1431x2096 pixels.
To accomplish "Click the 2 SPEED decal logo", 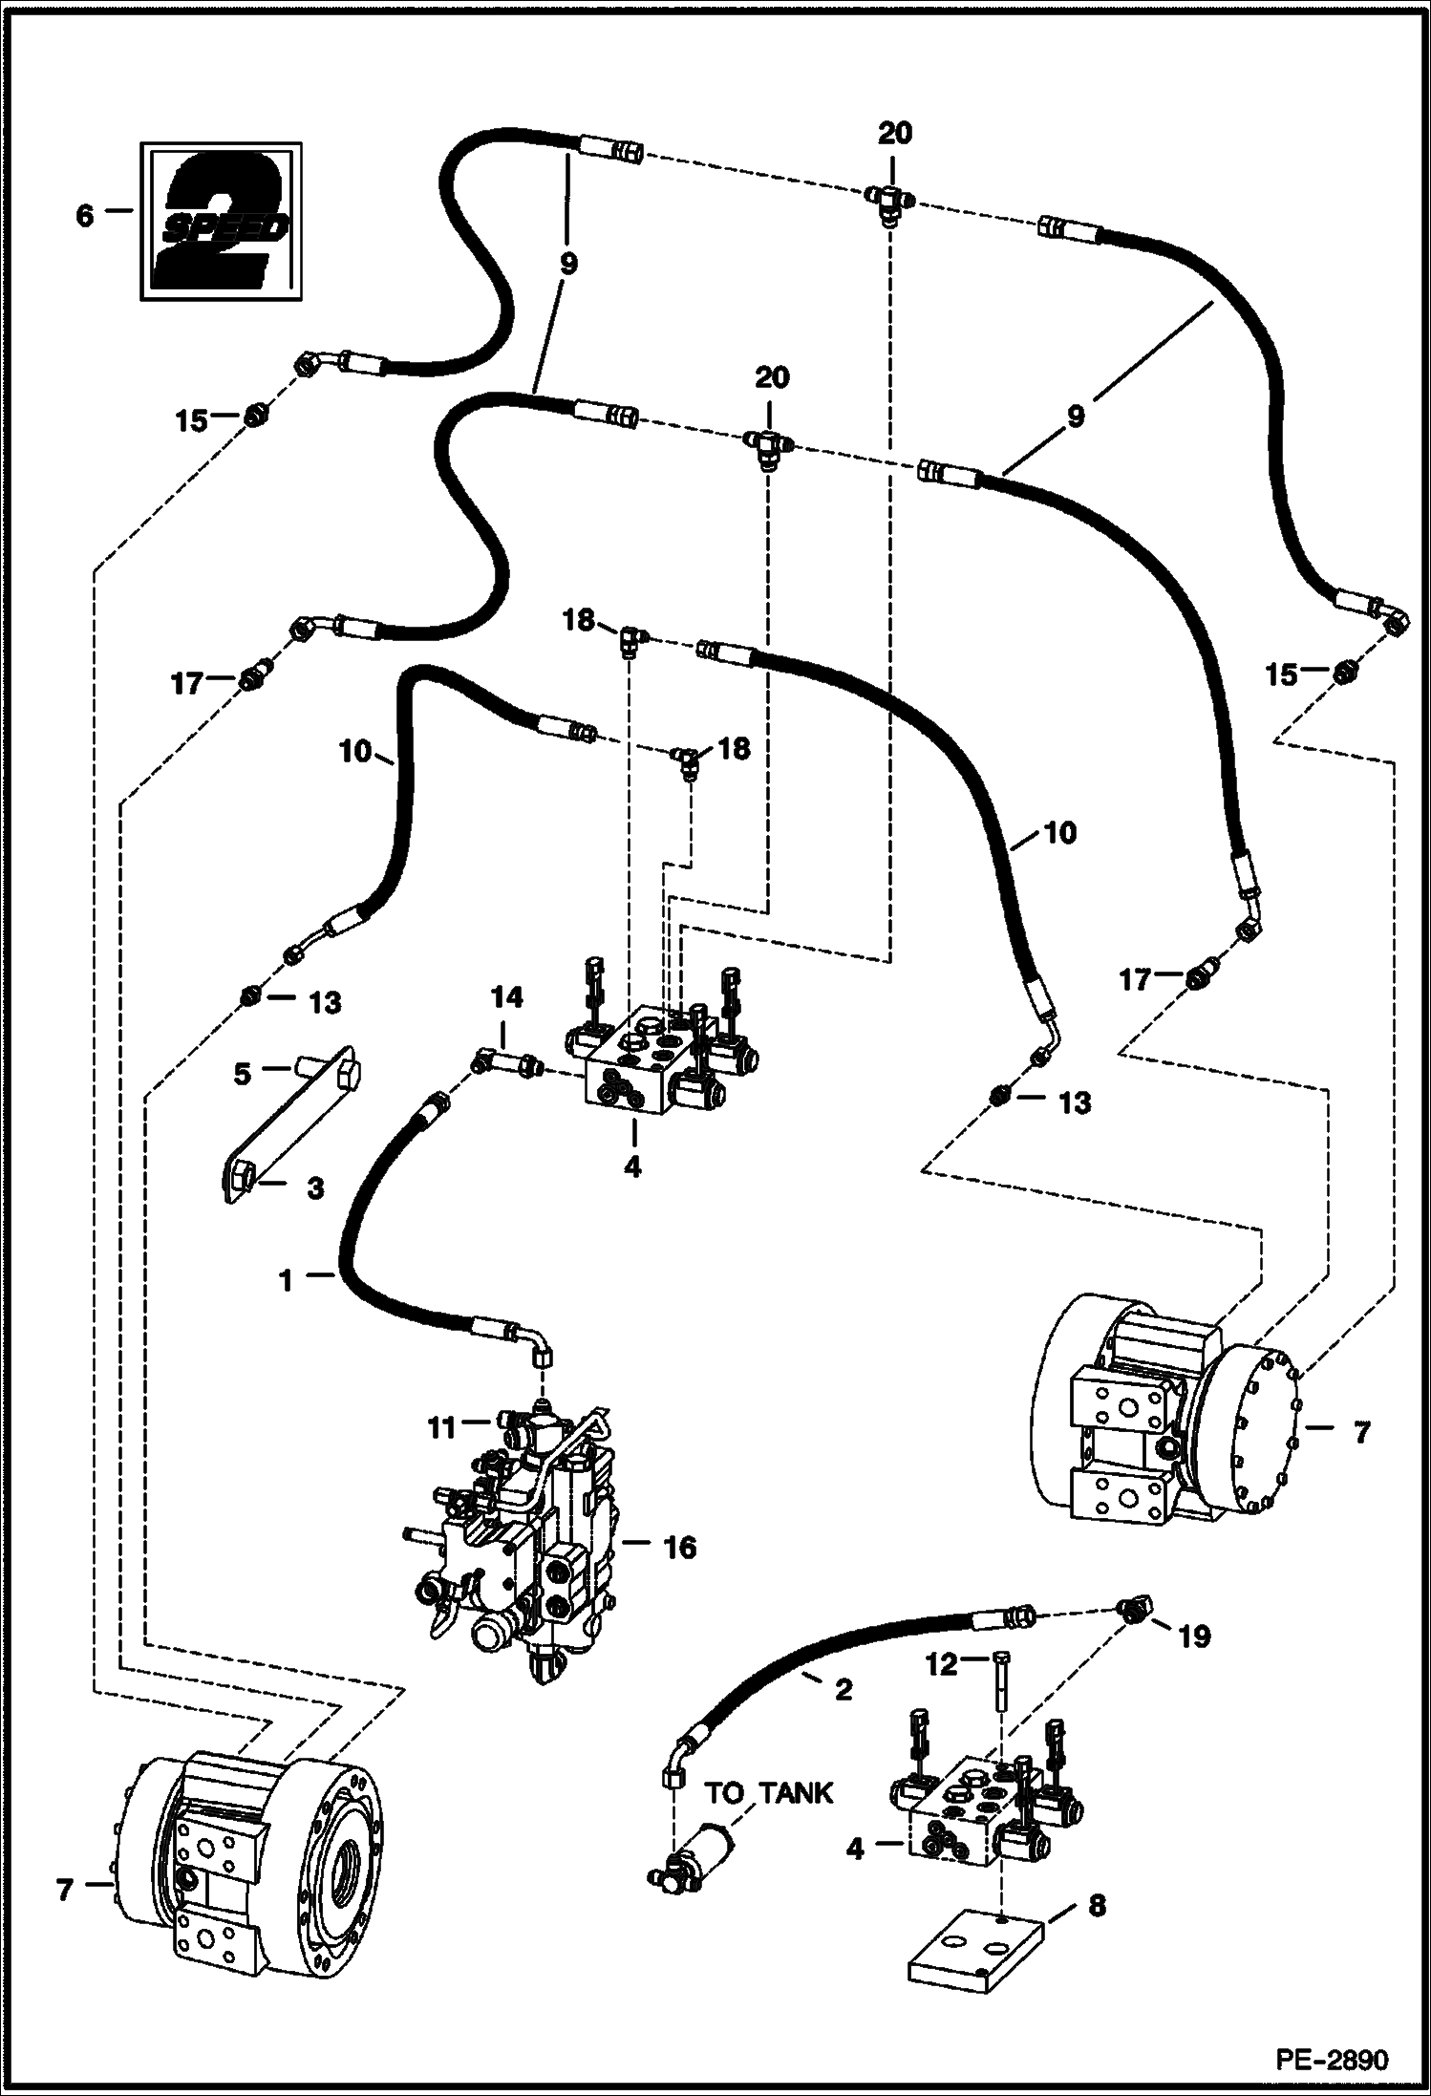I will coord(221,222).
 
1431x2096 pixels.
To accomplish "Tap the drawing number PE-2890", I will coord(1336,2056).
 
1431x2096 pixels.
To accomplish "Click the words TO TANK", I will coord(769,1793).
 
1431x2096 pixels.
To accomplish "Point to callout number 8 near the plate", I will coord(1097,1906).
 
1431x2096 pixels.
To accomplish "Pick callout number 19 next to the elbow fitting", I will coord(1195,1636).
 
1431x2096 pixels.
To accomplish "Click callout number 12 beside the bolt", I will coord(941,1664).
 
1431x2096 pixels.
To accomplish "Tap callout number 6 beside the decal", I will coord(85,216).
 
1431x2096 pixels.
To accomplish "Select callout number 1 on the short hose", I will coord(287,1281).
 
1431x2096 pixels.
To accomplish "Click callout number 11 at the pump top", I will coord(441,1428).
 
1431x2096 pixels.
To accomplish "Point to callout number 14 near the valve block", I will coord(507,998).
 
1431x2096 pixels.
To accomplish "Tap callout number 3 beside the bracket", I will coord(315,1188).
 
